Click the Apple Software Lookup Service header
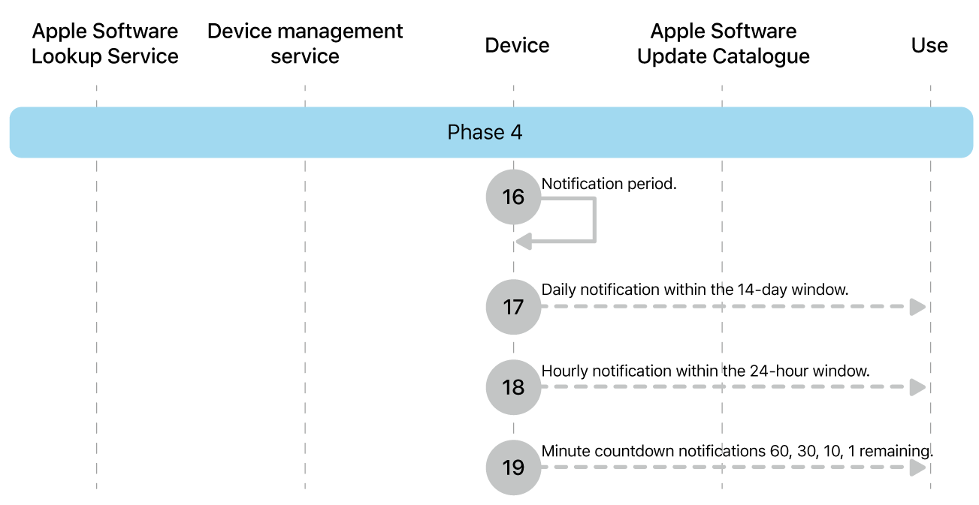tap(105, 44)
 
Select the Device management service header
tap(305, 44)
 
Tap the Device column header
tap(517, 46)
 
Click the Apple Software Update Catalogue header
tap(723, 44)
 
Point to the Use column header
tap(929, 46)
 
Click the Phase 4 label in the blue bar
tap(485, 133)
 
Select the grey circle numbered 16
tap(513, 197)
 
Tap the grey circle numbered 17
tap(513, 307)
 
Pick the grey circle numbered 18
tap(513, 387)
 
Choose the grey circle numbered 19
tap(513, 467)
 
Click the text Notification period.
tap(609, 184)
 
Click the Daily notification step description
tap(694, 290)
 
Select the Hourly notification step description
tap(705, 371)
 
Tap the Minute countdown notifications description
tap(736, 451)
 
